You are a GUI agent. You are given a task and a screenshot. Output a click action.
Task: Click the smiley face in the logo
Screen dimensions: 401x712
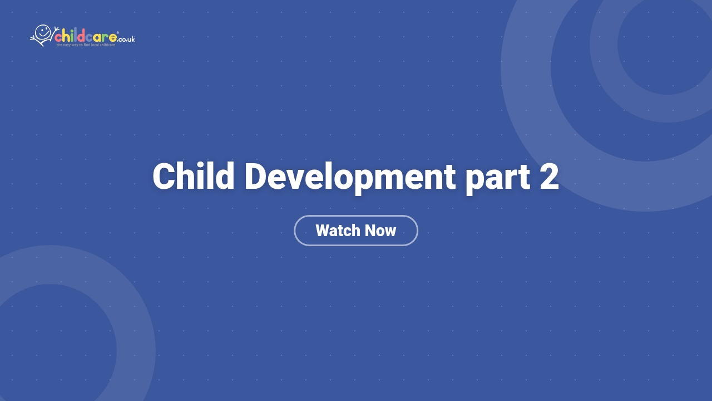click(x=43, y=31)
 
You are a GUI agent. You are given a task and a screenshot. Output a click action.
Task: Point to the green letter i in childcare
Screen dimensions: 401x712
click(x=72, y=37)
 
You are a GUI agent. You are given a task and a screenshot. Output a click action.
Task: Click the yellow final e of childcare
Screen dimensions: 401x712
click(x=112, y=38)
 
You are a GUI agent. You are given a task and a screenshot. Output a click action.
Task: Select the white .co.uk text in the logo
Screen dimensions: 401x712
click(x=126, y=39)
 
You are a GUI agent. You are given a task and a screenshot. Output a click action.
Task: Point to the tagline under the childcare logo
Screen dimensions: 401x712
click(x=86, y=45)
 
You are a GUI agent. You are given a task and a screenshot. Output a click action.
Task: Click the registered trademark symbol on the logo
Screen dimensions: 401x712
click(x=118, y=33)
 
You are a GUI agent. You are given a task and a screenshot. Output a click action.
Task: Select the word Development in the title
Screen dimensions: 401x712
click(x=349, y=177)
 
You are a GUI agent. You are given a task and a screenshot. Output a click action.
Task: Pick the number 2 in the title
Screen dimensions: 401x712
click(x=549, y=177)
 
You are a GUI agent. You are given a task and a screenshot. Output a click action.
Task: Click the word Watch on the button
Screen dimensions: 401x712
click(x=338, y=231)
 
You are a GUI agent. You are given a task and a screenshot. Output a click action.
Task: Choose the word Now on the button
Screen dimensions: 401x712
click(x=380, y=231)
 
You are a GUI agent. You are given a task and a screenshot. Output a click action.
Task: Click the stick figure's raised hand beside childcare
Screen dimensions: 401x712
click(x=56, y=28)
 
